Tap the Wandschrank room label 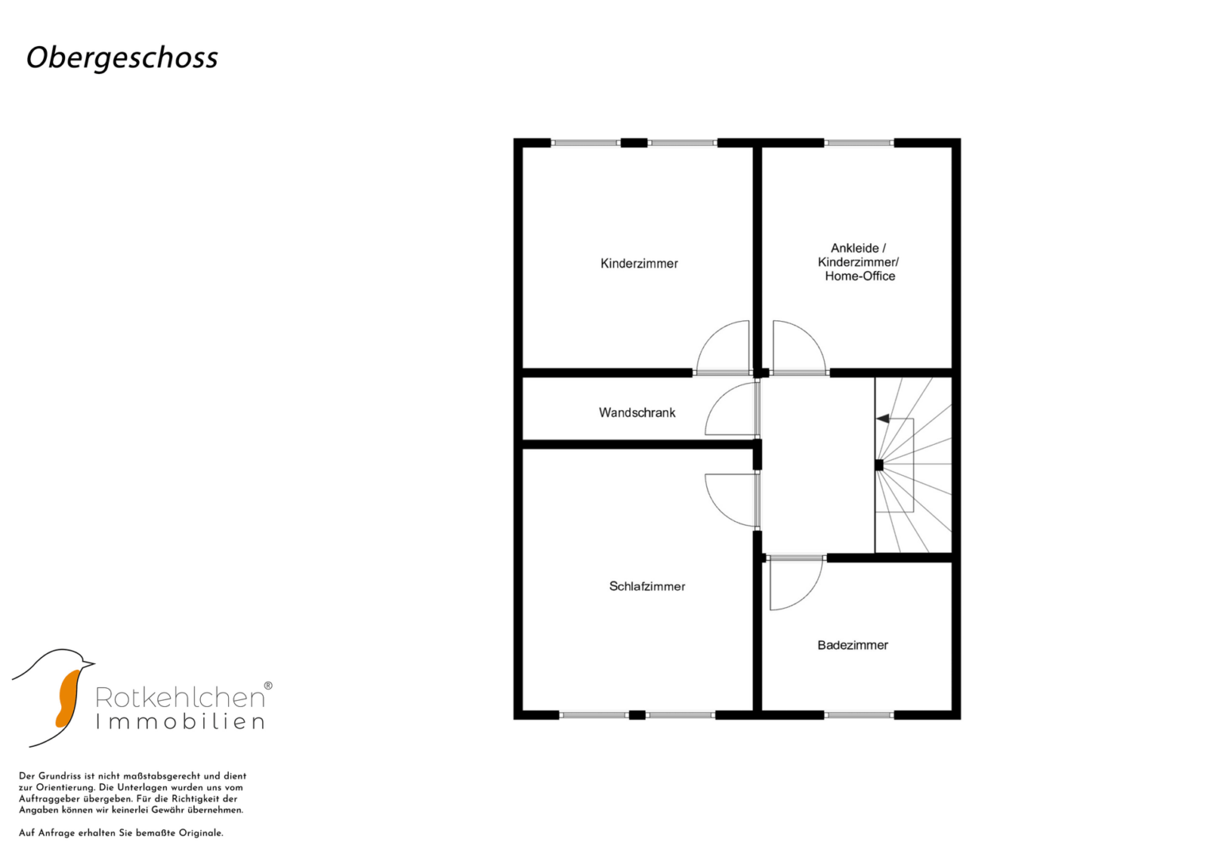[637, 413]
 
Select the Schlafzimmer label [647, 586]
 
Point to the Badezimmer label [853, 645]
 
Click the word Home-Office [860, 276]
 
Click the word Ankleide [855, 248]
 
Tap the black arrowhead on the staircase [883, 419]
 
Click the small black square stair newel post [879, 465]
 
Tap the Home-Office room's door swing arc [809, 336]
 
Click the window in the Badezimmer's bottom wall [859, 715]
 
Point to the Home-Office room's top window [859, 143]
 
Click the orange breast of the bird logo [68, 699]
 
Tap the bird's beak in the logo [87, 663]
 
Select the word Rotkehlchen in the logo [180, 698]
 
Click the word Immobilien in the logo [180, 722]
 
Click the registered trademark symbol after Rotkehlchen [268, 686]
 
